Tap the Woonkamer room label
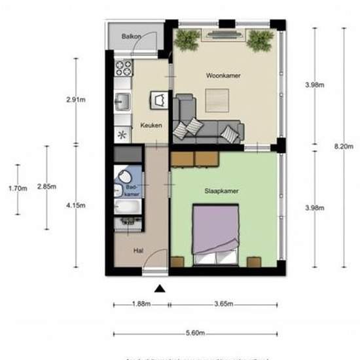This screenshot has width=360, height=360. tap(223, 76)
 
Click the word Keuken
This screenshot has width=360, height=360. tap(151, 126)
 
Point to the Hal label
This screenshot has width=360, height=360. tap(138, 250)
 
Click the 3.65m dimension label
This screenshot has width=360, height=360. tap(224, 304)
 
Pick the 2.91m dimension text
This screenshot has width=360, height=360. tap(76, 100)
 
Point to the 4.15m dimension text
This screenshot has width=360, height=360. tap(76, 206)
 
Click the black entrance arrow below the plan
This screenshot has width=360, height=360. tap(159, 288)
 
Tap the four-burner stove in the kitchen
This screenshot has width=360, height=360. tap(123, 67)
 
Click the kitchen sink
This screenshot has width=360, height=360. tap(122, 101)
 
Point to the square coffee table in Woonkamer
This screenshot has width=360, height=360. tap(218, 100)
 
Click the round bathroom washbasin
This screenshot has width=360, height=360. tap(122, 177)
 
